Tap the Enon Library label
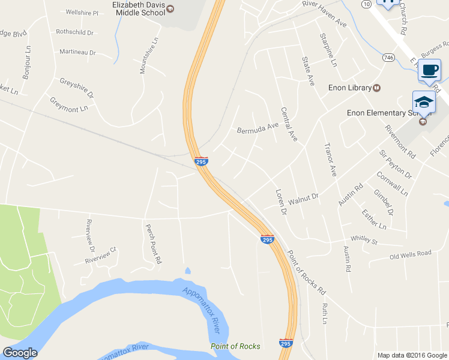[x=350, y=88]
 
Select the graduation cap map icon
[x=423, y=101]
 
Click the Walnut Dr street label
[x=303, y=198]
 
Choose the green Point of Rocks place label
[x=235, y=346]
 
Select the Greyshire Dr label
[x=76, y=88]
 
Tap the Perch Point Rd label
[x=154, y=244]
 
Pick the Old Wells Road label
[x=410, y=254]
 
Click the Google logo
[x=20, y=353]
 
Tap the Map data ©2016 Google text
[x=412, y=355]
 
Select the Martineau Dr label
[x=77, y=52]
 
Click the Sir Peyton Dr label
[x=395, y=164]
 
